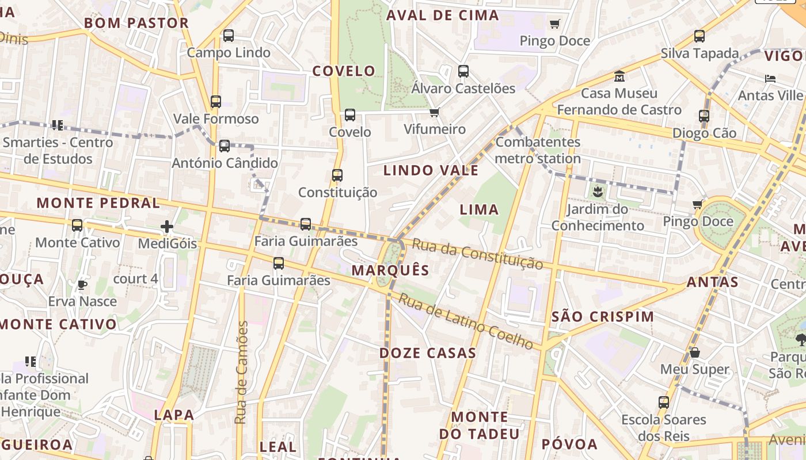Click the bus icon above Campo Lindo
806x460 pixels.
coord(229,36)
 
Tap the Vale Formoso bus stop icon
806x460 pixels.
coord(216,102)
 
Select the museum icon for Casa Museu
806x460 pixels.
coord(619,76)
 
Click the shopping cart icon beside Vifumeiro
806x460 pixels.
coord(435,112)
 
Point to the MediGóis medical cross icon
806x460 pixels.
coord(167,227)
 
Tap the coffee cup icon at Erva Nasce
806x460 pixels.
coord(82,284)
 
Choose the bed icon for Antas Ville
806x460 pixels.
coord(770,78)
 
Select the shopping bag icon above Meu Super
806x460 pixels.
coord(695,352)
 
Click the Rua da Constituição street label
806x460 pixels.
coord(477,254)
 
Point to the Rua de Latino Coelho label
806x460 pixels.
coord(466,321)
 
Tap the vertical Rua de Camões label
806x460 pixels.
coord(242,373)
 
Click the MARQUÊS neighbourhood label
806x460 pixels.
coord(390,270)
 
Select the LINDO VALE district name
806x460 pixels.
coord(431,170)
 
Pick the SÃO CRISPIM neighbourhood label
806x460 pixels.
coord(603,316)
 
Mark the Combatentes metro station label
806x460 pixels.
coord(538,150)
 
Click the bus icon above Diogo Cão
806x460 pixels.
coord(704,116)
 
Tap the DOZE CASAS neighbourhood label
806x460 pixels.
coord(427,353)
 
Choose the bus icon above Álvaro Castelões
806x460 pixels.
coord(463,71)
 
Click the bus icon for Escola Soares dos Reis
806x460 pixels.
coord(664,402)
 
